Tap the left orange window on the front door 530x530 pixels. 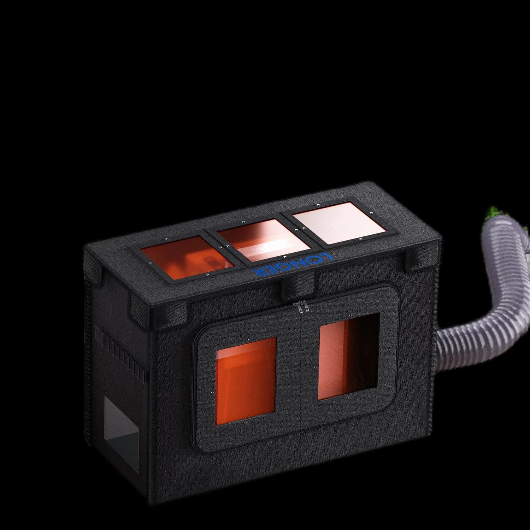point(246,376)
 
